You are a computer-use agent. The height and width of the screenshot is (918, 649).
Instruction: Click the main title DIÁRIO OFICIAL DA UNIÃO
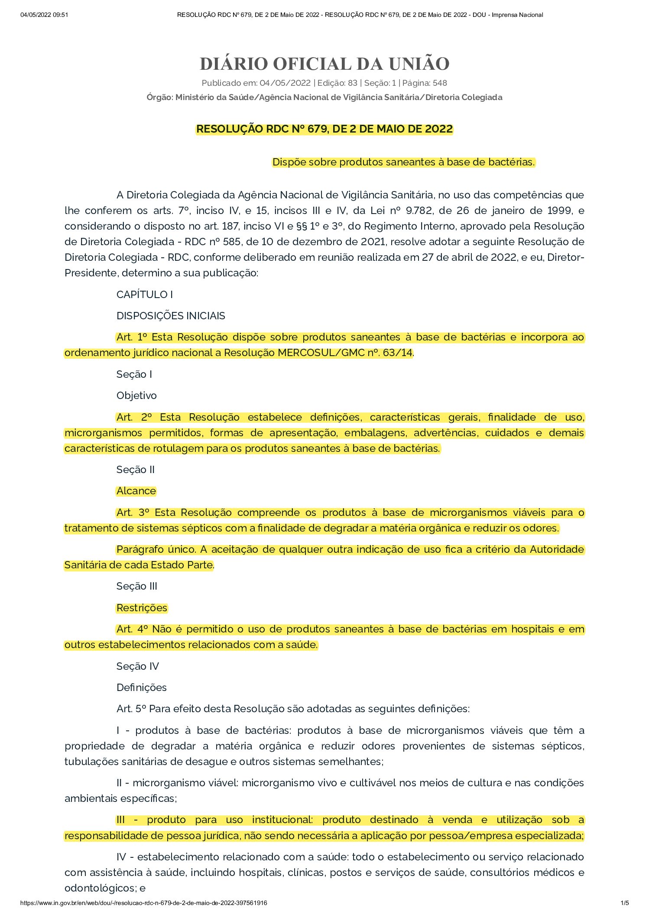[324, 64]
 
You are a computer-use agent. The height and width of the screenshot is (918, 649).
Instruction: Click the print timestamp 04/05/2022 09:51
[44, 15]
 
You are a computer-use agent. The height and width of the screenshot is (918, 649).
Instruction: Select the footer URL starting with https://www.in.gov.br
[143, 903]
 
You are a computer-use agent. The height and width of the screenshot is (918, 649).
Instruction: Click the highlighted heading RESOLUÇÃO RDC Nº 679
[324, 129]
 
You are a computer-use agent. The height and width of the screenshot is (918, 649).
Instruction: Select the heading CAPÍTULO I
[144, 295]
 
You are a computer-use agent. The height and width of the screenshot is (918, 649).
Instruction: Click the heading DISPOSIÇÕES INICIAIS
[171, 316]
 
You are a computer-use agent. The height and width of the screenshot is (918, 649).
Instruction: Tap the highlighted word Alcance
[136, 491]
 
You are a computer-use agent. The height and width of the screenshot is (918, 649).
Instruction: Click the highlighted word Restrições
[142, 608]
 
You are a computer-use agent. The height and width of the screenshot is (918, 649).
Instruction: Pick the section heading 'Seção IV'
[137, 666]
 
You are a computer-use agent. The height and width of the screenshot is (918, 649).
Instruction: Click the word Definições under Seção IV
[141, 688]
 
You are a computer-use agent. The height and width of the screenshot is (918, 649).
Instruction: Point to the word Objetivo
[136, 396]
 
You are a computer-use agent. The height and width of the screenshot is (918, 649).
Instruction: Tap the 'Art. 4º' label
[132, 629]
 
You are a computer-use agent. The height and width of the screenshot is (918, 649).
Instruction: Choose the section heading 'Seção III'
[136, 586]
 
